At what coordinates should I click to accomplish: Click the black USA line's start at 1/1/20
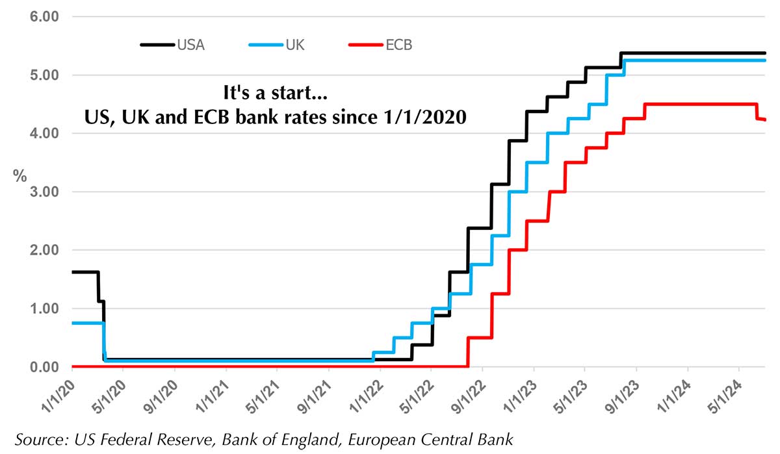(x=72, y=271)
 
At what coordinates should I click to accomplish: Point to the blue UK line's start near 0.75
(x=72, y=323)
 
